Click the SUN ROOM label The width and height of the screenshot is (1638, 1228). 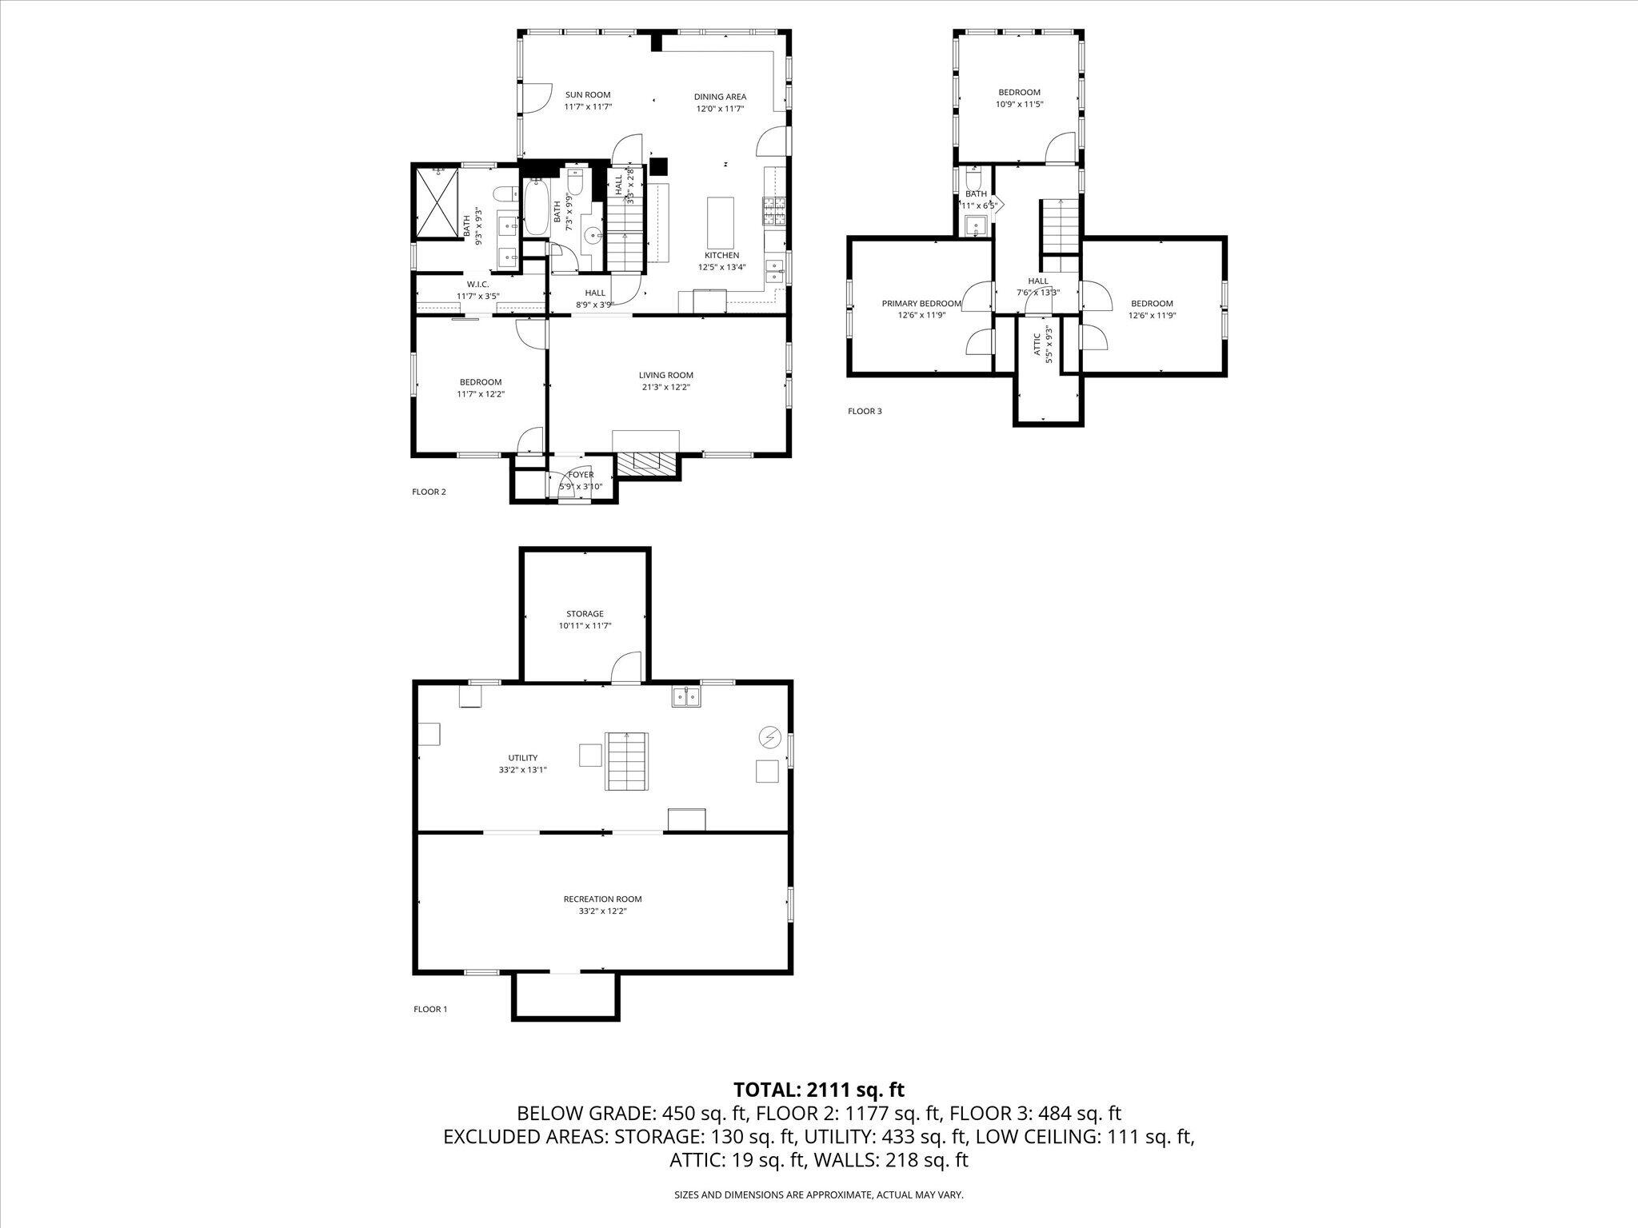[x=588, y=95]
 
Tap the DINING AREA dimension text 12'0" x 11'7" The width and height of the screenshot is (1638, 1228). [x=720, y=109]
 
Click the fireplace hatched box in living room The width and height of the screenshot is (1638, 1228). [x=647, y=461]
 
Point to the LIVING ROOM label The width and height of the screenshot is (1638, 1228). [x=665, y=375]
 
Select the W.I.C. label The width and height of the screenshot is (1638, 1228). [x=478, y=285]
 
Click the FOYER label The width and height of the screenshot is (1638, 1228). [x=581, y=475]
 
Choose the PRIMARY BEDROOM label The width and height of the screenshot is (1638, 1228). [x=921, y=304]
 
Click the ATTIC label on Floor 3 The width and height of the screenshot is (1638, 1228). [x=1037, y=344]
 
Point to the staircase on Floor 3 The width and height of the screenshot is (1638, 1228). [x=1061, y=226]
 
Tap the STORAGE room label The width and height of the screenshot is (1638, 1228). [x=585, y=614]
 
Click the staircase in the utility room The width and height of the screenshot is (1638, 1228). [x=626, y=761]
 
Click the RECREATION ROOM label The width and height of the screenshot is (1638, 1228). [x=602, y=899]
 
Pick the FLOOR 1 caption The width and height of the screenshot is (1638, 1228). [x=430, y=1009]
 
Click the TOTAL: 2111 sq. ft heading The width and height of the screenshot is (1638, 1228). [x=819, y=1089]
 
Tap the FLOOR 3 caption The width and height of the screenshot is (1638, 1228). [x=865, y=412]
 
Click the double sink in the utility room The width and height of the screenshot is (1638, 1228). [x=686, y=697]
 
